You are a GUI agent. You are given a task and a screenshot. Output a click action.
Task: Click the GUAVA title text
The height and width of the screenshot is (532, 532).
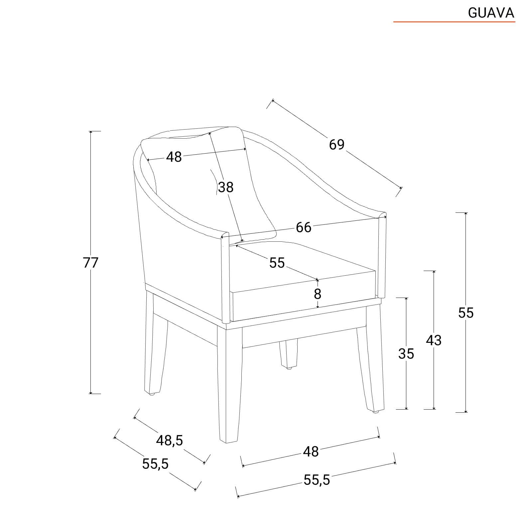click(491, 13)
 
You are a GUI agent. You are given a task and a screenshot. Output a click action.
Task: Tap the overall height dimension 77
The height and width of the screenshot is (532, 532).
click(91, 263)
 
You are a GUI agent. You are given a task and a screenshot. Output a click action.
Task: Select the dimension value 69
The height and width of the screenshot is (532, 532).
click(337, 144)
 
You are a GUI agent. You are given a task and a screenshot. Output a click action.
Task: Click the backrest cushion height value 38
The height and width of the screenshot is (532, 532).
click(226, 187)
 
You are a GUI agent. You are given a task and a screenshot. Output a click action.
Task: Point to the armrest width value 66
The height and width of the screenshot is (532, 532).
click(304, 227)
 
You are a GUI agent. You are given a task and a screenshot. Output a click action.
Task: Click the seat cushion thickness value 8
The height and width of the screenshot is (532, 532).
click(318, 294)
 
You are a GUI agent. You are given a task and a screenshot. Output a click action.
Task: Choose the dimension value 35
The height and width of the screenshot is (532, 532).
click(406, 354)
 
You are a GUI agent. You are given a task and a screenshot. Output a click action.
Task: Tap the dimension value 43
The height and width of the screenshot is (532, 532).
click(434, 340)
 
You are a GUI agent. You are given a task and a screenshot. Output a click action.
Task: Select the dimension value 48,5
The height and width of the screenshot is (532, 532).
click(170, 441)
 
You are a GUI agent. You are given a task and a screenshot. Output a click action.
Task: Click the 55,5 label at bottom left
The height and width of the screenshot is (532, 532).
click(155, 464)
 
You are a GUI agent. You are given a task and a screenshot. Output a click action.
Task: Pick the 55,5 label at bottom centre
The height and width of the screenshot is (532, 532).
click(317, 480)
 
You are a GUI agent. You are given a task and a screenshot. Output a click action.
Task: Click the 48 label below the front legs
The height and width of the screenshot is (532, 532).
click(311, 452)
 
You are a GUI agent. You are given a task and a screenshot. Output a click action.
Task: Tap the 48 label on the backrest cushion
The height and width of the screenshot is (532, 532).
click(174, 157)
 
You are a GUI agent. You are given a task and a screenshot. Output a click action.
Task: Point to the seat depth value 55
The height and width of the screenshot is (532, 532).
click(277, 263)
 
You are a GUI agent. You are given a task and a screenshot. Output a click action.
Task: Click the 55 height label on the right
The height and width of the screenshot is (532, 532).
click(465, 313)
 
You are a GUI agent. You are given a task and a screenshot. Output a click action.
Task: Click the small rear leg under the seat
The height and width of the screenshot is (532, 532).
click(288, 354)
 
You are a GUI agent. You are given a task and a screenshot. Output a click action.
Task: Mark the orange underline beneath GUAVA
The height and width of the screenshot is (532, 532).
click(454, 22)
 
